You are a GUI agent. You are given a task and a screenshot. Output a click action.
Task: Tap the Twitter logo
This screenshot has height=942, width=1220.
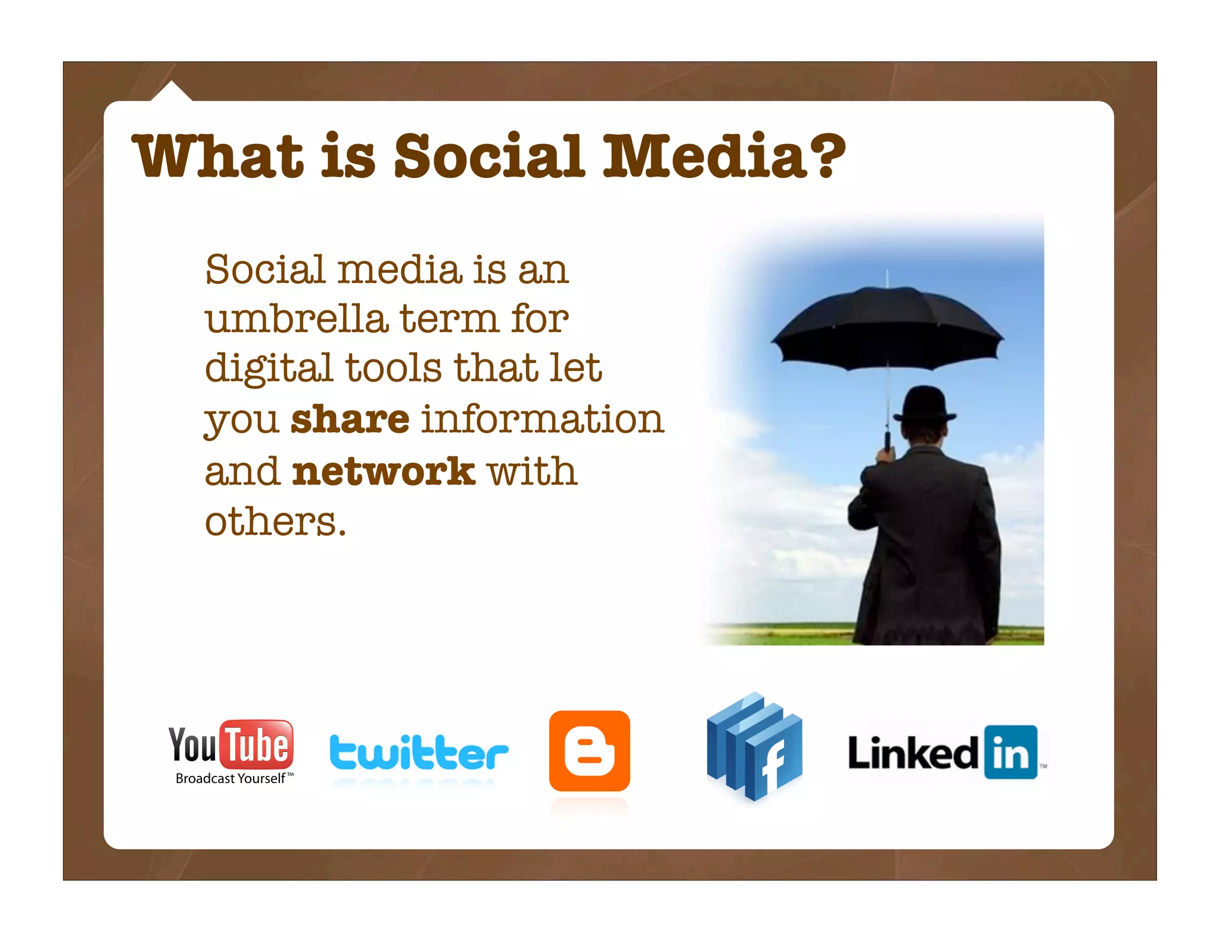pyautogui.click(x=419, y=753)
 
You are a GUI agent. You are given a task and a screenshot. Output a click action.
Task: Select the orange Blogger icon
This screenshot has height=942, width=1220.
pyautogui.click(x=589, y=751)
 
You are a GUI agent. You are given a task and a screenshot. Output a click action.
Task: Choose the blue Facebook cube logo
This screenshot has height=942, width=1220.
pyautogui.click(x=754, y=747)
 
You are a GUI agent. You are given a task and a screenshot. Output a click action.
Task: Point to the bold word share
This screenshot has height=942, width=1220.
pyautogui.click(x=350, y=419)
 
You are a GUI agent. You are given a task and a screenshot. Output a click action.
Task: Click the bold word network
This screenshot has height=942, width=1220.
pyautogui.click(x=384, y=471)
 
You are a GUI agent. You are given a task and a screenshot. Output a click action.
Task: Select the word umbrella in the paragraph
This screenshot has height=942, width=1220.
pyautogui.click(x=296, y=319)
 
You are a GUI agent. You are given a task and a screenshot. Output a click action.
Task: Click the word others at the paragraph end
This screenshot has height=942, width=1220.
pyautogui.click(x=275, y=522)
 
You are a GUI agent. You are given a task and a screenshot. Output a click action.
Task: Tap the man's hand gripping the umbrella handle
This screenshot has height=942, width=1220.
pyautogui.click(x=886, y=456)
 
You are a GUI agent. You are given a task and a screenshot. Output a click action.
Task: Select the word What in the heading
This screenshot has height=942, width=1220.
pyautogui.click(x=218, y=156)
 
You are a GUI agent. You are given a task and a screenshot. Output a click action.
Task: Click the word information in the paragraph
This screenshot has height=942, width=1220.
pyautogui.click(x=543, y=419)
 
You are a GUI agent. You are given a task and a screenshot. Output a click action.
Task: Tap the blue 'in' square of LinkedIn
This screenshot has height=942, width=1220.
pyautogui.click(x=1011, y=752)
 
